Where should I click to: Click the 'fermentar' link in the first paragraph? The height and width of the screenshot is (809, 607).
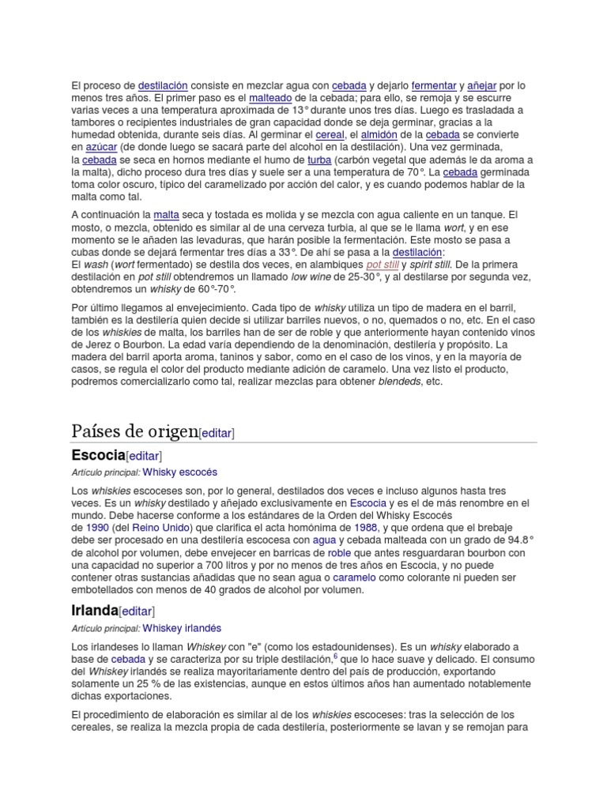click(x=434, y=85)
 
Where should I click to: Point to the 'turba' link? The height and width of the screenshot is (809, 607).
click(x=319, y=160)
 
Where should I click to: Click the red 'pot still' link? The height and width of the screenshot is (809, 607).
click(x=383, y=264)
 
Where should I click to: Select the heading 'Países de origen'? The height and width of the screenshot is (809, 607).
click(x=134, y=431)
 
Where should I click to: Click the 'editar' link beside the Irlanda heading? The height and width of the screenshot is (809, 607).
click(x=137, y=611)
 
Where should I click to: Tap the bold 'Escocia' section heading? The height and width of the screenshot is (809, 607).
click(x=98, y=455)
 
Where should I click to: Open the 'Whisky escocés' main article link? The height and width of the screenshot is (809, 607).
click(x=179, y=472)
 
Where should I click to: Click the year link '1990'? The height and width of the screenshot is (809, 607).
click(x=97, y=527)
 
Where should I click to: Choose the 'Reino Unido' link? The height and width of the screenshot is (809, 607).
click(x=156, y=527)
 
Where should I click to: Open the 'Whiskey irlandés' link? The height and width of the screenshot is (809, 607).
click(x=182, y=628)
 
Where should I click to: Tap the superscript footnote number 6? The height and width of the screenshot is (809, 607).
click(x=335, y=656)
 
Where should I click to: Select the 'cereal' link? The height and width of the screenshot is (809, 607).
click(x=330, y=135)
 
